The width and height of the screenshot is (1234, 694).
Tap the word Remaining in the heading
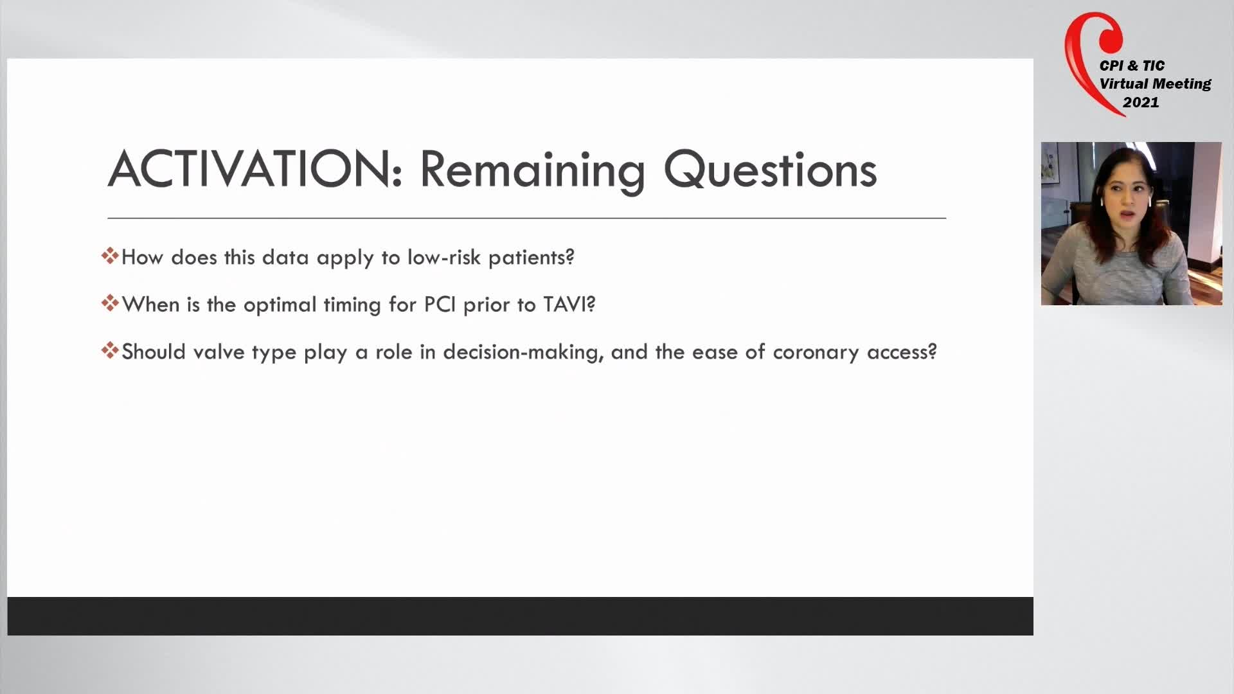(532, 170)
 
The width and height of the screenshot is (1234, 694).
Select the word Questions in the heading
(770, 170)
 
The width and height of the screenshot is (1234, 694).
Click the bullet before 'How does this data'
(110, 256)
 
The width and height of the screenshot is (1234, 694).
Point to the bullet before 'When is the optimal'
(110, 303)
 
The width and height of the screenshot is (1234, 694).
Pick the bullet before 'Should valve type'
(110, 350)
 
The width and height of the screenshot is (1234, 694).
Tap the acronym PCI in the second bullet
(440, 304)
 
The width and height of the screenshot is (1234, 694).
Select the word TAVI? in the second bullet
(569, 304)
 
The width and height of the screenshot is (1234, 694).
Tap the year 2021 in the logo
(1141, 102)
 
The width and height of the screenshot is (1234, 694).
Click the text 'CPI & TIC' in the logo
(1132, 66)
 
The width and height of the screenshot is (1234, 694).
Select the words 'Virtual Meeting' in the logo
(1155, 84)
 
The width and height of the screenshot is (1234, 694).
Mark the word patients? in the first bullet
(532, 258)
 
